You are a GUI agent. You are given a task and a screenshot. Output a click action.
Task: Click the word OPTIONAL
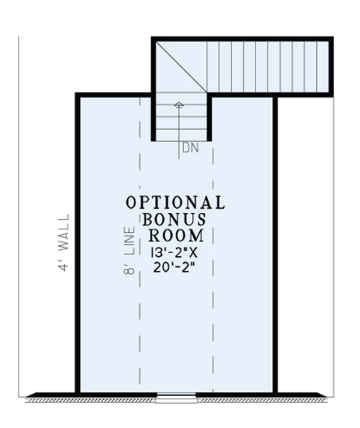click(175, 202)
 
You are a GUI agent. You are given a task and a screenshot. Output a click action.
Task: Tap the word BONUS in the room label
click(175, 218)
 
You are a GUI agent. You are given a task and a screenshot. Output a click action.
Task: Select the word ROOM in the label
click(176, 234)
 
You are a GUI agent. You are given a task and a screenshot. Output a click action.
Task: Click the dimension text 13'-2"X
click(175, 252)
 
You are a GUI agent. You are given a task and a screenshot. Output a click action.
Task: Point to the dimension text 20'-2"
click(175, 268)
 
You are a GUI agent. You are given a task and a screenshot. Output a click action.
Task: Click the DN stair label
click(190, 146)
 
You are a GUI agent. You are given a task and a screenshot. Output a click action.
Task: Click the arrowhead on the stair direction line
click(178, 105)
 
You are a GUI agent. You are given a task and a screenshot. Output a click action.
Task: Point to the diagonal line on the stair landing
click(180, 66)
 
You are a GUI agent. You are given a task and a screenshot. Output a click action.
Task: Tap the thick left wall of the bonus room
click(77, 240)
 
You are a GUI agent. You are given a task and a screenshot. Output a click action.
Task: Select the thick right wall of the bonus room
click(275, 240)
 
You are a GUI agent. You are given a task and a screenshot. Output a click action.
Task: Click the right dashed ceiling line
click(213, 270)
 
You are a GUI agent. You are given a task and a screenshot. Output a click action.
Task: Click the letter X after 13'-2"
click(196, 252)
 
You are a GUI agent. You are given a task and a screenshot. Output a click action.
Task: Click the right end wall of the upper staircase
click(331, 66)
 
